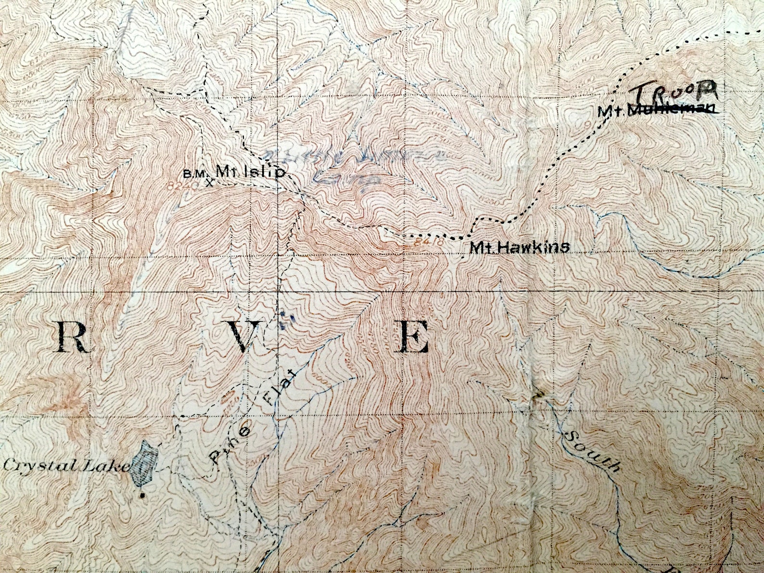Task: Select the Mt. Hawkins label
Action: [x=520, y=248]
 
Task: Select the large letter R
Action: [x=73, y=337]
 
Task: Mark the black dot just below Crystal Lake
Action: [x=142, y=495]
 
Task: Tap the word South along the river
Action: [x=591, y=451]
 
